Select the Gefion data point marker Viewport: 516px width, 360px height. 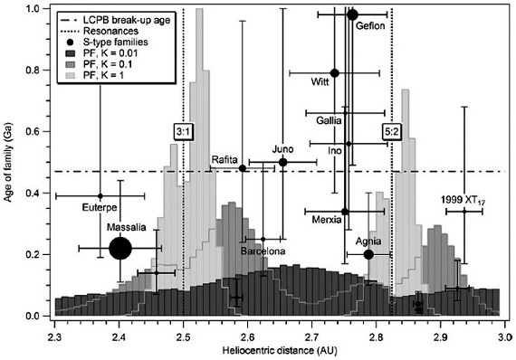tap(353, 14)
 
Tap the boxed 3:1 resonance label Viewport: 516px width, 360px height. tap(183, 132)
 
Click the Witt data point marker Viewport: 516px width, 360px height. tap(335, 73)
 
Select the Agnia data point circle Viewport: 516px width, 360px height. tap(368, 254)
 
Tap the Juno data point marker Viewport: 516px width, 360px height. tap(283, 162)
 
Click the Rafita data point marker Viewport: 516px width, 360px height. tap(242, 168)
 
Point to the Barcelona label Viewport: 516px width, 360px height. tap(263, 250)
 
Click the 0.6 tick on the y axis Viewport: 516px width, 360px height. tap(38, 131)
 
